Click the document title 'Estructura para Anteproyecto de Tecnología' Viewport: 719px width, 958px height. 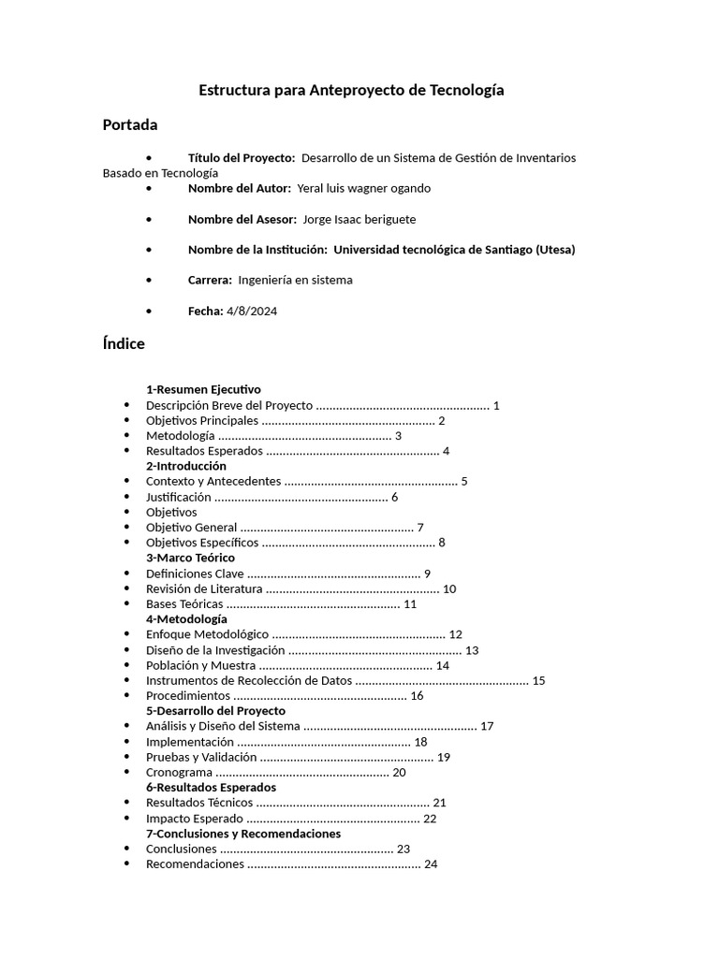tap(351, 91)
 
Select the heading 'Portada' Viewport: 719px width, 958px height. tap(129, 125)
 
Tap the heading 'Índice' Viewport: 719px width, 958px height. tap(124, 343)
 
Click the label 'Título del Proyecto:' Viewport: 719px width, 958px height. tap(241, 158)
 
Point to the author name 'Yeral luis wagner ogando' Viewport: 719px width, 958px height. tap(363, 188)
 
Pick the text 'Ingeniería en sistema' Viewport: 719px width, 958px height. tap(295, 280)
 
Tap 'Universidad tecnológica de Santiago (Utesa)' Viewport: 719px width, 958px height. tap(454, 250)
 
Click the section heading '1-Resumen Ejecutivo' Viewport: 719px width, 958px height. tap(203, 389)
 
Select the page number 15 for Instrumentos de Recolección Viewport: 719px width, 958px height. tap(538, 680)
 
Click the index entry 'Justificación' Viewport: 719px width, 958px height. tap(179, 497)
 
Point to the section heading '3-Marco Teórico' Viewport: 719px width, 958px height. tap(190, 558)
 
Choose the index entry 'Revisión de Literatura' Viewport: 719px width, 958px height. tap(205, 588)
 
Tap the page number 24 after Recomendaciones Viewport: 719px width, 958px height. tap(431, 864)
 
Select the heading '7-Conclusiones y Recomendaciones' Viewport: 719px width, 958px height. tap(243, 834)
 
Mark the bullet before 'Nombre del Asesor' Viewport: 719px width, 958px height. tap(150, 219)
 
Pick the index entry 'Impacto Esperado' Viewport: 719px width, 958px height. tap(193, 819)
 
